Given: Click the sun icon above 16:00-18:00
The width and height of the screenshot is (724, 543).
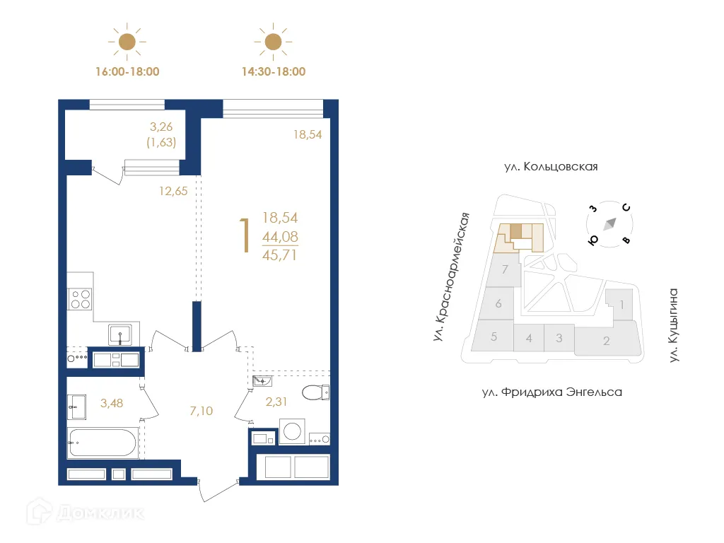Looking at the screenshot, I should tap(127, 42).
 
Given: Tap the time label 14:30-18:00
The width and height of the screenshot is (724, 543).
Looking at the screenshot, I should tap(273, 71).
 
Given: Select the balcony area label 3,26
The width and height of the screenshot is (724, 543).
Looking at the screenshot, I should tap(162, 128).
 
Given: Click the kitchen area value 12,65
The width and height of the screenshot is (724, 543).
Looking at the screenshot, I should tap(173, 189).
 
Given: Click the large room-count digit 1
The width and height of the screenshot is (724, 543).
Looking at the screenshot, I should tap(245, 235).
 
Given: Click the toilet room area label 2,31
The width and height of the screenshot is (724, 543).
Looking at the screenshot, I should tap(276, 403).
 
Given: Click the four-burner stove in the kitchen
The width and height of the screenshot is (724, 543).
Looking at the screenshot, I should tap(80, 300).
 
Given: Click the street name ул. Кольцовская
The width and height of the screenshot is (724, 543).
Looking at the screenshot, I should tap(551, 167).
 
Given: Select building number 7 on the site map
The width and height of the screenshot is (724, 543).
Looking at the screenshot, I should tap(504, 269).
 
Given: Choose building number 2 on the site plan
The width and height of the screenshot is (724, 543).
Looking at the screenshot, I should tap(606, 341).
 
